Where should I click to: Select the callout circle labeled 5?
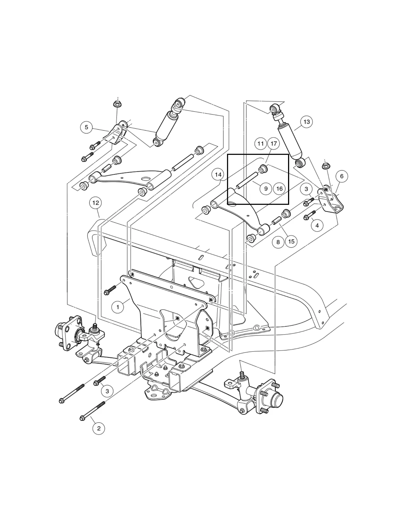tap(86, 127)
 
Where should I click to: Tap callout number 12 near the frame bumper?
tap(95, 203)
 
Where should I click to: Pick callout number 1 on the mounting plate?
tap(118, 307)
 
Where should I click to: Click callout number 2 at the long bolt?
tap(99, 428)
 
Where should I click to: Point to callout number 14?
tap(218, 175)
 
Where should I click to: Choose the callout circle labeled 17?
tap(273, 144)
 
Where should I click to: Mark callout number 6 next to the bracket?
tap(342, 176)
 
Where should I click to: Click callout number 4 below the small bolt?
tap(317, 226)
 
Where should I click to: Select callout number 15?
tap(291, 241)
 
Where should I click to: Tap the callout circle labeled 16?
tap(279, 189)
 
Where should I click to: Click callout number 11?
tap(261, 144)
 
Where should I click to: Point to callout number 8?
tap(278, 242)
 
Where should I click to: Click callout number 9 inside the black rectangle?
tap(266, 189)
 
